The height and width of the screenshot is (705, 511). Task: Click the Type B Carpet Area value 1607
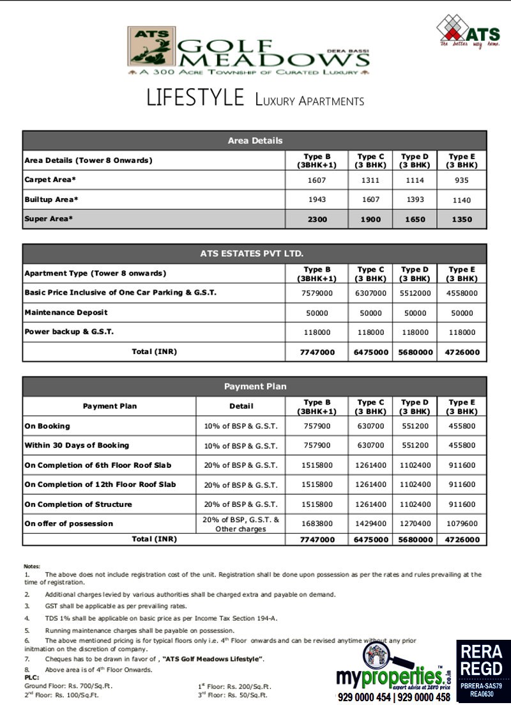coord(317,180)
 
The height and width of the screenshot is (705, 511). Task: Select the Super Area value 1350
coord(461,219)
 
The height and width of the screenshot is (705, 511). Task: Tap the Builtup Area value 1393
coord(415,200)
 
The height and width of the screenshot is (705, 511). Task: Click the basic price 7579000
coord(317,293)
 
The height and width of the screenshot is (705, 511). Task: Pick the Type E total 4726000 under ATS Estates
coord(461,352)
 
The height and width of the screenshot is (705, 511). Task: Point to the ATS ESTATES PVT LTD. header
coord(255,254)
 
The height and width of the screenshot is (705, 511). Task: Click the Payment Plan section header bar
coord(255,387)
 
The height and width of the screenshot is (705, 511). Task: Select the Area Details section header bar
coord(255,141)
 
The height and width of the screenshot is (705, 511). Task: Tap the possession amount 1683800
coord(317,524)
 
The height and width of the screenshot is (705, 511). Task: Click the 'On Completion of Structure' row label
coord(79,504)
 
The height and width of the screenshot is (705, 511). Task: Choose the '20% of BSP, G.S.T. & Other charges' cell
coord(241,524)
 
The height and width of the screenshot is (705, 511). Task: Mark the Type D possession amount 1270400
coord(415,524)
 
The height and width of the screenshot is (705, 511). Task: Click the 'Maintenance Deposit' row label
coord(66,313)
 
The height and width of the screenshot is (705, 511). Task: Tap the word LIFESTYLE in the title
coord(195,98)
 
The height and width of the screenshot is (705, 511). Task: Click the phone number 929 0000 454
coord(365,697)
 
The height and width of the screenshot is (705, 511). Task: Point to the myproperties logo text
coord(389,676)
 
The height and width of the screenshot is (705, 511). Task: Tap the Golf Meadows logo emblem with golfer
coord(152,47)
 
